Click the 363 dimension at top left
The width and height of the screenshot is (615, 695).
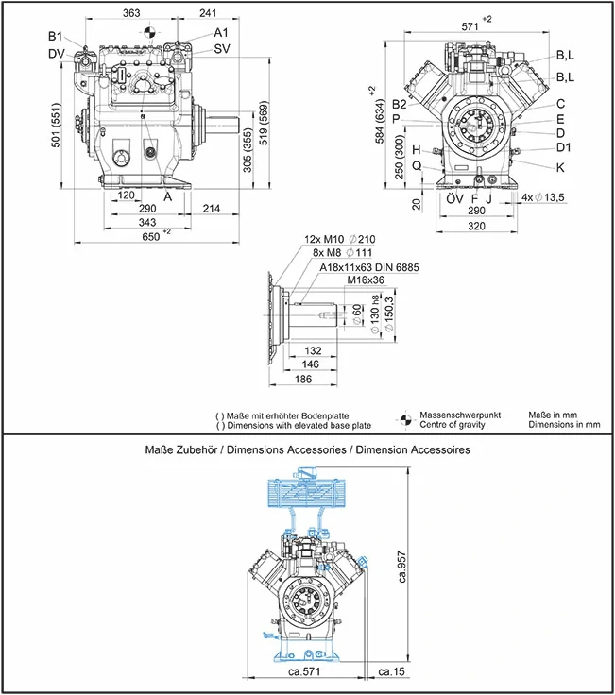[x=131, y=13]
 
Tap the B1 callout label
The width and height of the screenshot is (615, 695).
[x=56, y=38]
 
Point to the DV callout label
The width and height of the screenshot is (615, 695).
[x=57, y=53]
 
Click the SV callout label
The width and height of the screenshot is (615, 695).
[x=221, y=48]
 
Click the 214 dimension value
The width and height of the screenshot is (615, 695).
[x=212, y=208]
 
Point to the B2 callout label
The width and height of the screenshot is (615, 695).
[x=400, y=104]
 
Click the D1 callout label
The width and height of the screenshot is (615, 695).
[x=563, y=148]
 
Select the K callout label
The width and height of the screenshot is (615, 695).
[x=560, y=167]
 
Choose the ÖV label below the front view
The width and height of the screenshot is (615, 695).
[x=454, y=199]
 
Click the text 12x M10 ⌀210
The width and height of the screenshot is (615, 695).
[x=336, y=239]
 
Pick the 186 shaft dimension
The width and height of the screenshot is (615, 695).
[x=304, y=379]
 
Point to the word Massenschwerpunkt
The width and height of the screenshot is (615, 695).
[x=461, y=414]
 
